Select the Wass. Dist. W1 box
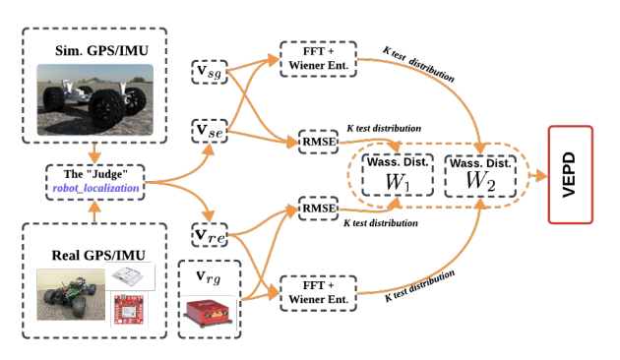click(x=393, y=173)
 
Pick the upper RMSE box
click(x=317, y=142)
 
